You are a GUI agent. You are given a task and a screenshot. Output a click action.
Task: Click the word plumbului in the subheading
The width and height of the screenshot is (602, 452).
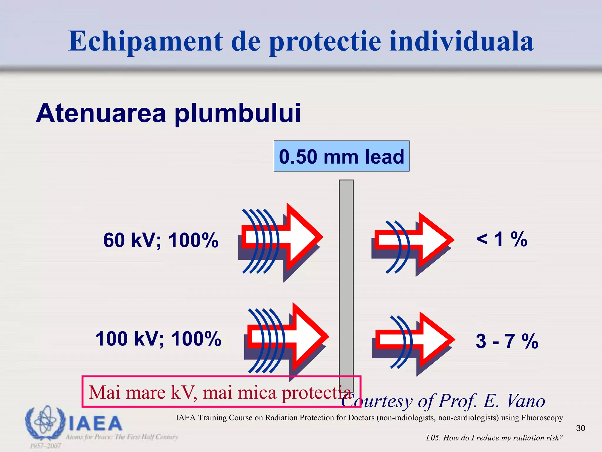238,113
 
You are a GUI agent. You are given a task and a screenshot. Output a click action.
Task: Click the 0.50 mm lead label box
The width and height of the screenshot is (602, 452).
341,156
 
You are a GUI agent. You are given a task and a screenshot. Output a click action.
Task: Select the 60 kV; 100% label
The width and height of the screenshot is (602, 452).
161,240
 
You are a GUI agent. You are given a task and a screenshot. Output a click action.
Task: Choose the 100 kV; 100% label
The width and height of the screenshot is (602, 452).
158,339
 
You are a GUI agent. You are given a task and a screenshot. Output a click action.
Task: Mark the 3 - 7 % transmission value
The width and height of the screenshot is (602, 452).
507,341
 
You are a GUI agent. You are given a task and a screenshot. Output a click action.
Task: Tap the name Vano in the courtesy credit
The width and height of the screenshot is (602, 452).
526,401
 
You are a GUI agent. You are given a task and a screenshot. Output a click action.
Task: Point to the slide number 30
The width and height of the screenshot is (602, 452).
581,428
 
